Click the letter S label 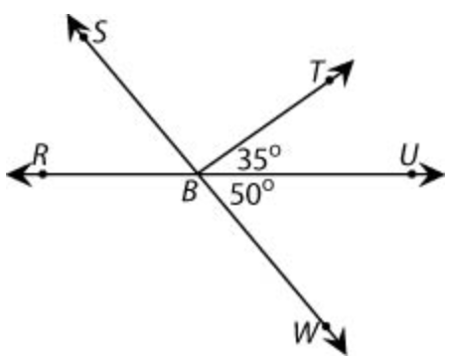tap(99, 32)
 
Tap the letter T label tap(318, 71)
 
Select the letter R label tap(41, 155)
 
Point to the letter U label tap(409, 154)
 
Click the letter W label tap(306, 332)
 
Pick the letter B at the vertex tap(190, 191)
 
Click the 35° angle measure tap(259, 159)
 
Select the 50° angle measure tap(252, 193)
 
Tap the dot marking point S tap(83, 37)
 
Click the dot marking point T tap(329, 81)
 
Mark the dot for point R tap(43, 174)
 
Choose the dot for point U tap(411, 174)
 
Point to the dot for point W tap(325, 326)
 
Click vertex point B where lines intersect tap(198, 173)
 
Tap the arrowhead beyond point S tap(75, 27)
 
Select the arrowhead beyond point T tap(343, 72)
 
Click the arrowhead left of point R tap(18, 174)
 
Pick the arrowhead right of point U tap(431, 174)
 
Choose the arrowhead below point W tap(338, 341)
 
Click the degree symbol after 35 tap(275, 151)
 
